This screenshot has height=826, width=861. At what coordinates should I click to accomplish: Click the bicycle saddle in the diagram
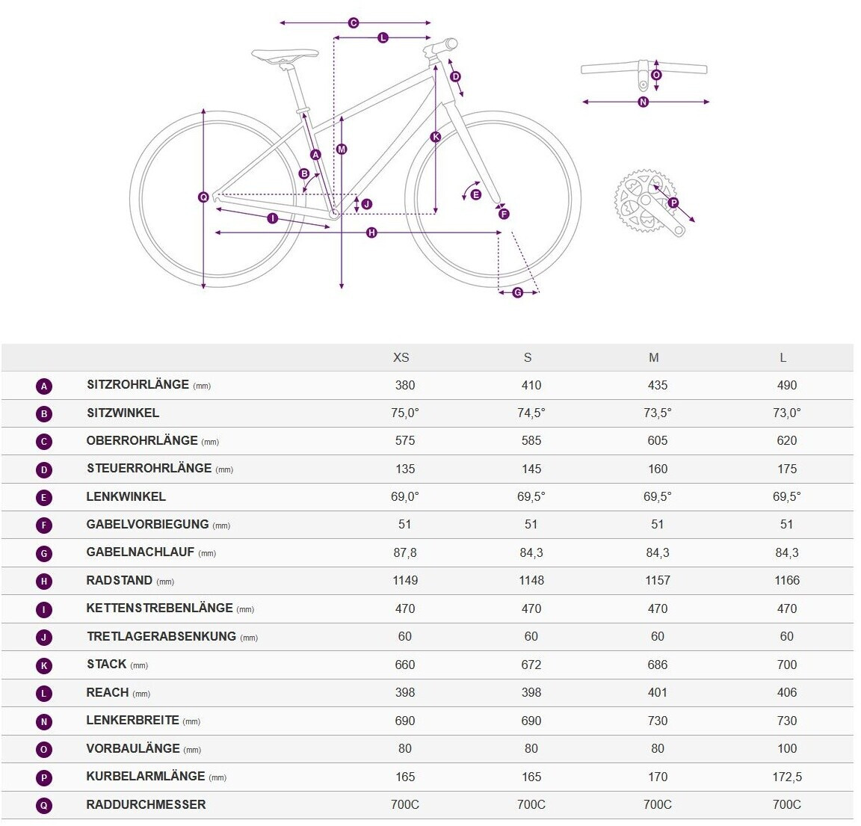pos(285,55)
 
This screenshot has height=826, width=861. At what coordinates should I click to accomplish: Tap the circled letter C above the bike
pos(354,23)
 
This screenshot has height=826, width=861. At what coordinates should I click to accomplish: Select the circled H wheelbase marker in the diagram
pos(371,233)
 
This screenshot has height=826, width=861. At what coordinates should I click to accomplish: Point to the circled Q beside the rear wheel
pos(203,197)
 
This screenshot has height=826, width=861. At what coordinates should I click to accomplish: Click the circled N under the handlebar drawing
pos(644,102)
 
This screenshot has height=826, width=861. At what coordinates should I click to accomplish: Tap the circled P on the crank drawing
pos(673,203)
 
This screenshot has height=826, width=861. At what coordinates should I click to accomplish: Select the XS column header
pos(401,357)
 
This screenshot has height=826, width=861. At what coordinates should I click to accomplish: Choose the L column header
pos(783,357)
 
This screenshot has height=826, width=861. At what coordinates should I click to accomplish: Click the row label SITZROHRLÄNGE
pos(138,385)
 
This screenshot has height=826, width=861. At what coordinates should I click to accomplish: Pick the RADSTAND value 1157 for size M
pos(658,581)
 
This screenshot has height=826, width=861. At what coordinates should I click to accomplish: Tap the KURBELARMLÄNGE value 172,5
pos(787,777)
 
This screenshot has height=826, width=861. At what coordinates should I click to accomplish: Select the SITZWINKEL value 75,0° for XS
pos(405,413)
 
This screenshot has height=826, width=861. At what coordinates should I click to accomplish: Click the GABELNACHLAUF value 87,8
pos(405,552)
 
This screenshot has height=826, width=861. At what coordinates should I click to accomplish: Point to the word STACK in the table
pos(106,665)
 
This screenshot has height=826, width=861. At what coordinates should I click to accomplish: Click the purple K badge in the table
pos(44,665)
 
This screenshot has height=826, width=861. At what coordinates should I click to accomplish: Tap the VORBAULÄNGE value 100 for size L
pos(787,748)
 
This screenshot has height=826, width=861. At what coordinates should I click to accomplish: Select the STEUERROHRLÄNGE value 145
pos(531,469)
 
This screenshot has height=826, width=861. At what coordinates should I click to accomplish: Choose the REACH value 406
pos(787,692)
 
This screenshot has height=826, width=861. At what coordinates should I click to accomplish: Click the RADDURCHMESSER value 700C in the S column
pos(531,804)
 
